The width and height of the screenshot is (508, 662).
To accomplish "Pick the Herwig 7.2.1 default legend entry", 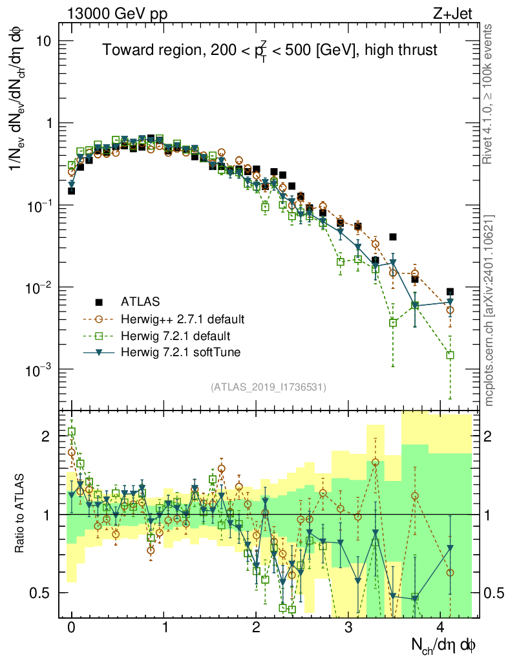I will click(175, 336).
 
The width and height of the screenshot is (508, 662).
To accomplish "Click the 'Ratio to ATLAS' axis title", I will click(21, 515).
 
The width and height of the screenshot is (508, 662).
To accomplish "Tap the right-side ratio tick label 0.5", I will click(495, 593).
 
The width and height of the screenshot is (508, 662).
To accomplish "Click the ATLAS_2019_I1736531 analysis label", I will click(268, 387).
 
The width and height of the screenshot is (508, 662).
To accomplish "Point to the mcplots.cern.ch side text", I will click(490, 310).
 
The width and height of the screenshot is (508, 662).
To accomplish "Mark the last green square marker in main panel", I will click(450, 355).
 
